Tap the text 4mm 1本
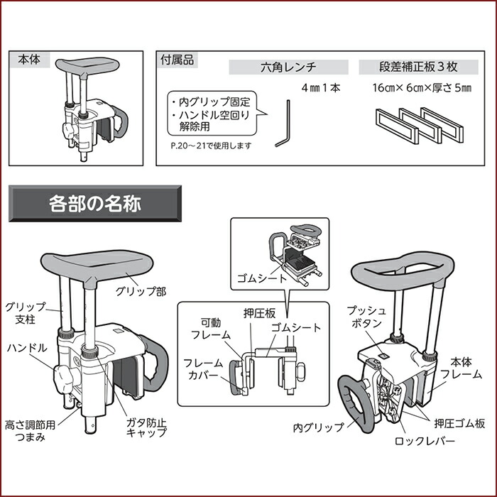pos(320,89)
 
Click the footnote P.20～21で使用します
pos(212,145)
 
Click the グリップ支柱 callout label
pos(26,313)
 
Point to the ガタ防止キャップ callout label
pos(147,427)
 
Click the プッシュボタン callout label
pos(366,317)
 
